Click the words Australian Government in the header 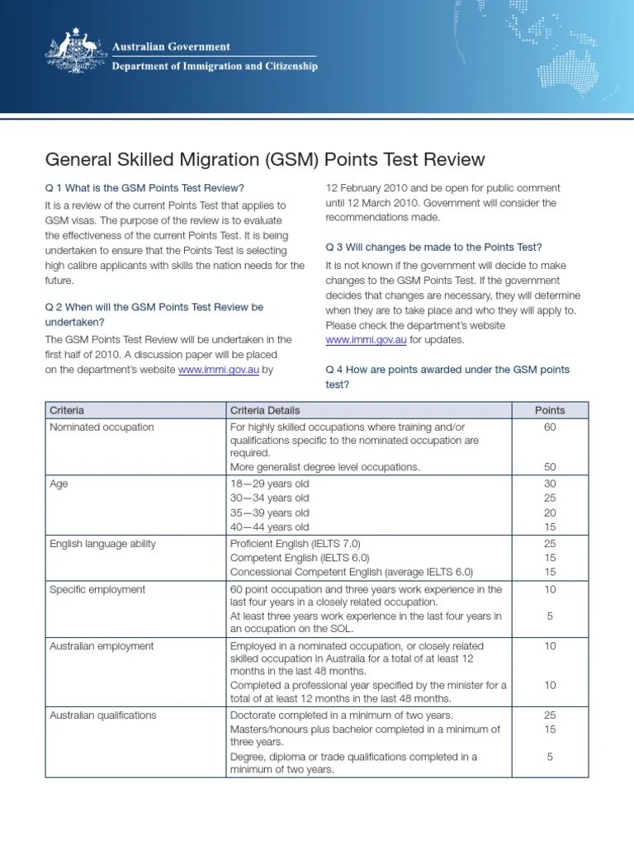tap(171, 47)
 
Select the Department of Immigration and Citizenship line tap(214, 66)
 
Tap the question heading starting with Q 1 tap(144, 187)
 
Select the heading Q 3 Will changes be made tap(433, 247)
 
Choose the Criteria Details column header tap(265, 410)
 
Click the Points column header tap(550, 410)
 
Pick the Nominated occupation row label tap(102, 427)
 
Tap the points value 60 tap(550, 427)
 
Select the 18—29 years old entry tap(269, 484)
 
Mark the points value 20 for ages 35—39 tap(550, 512)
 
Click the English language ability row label tap(102, 544)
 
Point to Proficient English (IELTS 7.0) tap(295, 544)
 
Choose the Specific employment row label tap(97, 589)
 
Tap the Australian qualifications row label tap(102, 715)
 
